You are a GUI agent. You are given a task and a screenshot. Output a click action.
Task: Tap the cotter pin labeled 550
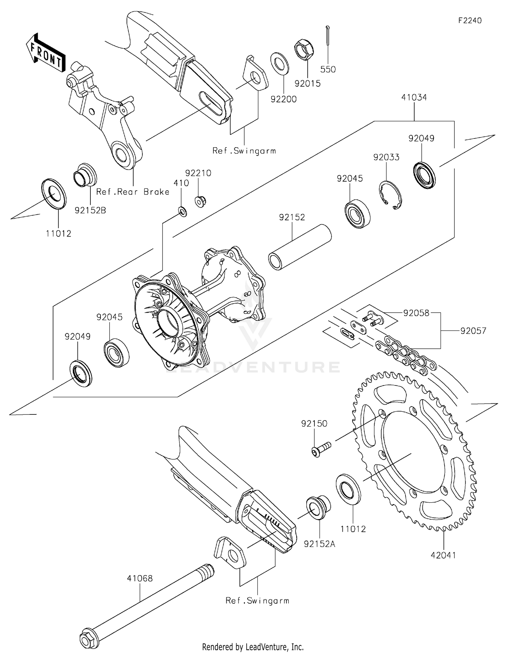[x=328, y=35]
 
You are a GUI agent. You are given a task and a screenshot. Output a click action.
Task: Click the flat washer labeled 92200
[x=279, y=63]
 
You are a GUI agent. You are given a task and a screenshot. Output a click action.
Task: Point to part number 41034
[x=414, y=97]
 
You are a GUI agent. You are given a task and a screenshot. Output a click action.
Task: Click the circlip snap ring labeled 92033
[x=389, y=195]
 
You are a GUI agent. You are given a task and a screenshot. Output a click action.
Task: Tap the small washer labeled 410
[x=182, y=212]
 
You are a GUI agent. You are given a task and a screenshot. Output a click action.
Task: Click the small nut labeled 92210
[x=200, y=201]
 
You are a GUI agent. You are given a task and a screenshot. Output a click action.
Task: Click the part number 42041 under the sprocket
[x=443, y=555]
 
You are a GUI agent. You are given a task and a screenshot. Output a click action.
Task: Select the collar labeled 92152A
[x=318, y=507]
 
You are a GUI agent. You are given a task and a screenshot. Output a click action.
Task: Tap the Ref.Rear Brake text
[x=133, y=192]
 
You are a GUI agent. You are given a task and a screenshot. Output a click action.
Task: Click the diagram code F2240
[x=470, y=21]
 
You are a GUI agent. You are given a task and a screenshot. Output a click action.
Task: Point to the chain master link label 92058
[x=416, y=313]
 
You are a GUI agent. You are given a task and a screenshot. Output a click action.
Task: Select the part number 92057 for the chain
[x=473, y=331]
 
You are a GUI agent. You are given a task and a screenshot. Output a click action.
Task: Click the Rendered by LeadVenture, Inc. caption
[x=253, y=647]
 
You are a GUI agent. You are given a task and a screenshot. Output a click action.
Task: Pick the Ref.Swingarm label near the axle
[x=257, y=600]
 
